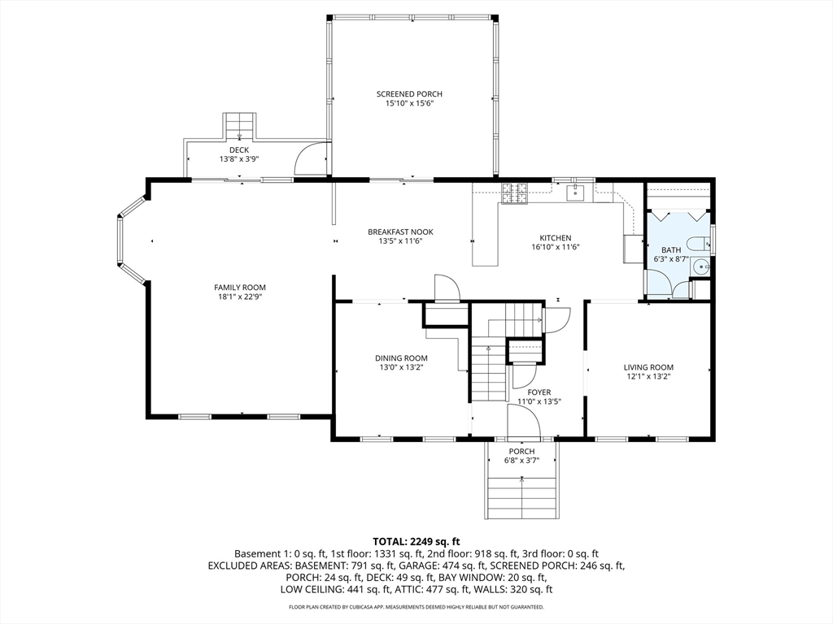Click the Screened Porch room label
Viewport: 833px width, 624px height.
click(409, 94)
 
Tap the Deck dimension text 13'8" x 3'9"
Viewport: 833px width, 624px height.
click(238, 159)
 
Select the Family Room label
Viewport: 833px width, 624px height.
click(240, 288)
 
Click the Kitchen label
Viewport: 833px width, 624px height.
click(556, 238)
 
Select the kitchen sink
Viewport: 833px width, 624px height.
click(575, 192)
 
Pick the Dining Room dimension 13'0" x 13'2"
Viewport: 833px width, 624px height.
click(400, 367)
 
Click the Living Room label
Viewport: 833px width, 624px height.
click(648, 367)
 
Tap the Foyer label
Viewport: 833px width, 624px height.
click(539, 392)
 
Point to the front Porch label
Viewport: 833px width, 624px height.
click(521, 452)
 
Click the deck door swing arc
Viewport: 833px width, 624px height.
click(311, 159)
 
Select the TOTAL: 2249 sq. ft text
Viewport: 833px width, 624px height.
click(416, 541)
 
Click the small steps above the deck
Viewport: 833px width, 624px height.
click(239, 125)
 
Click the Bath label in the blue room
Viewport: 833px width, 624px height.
click(671, 250)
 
